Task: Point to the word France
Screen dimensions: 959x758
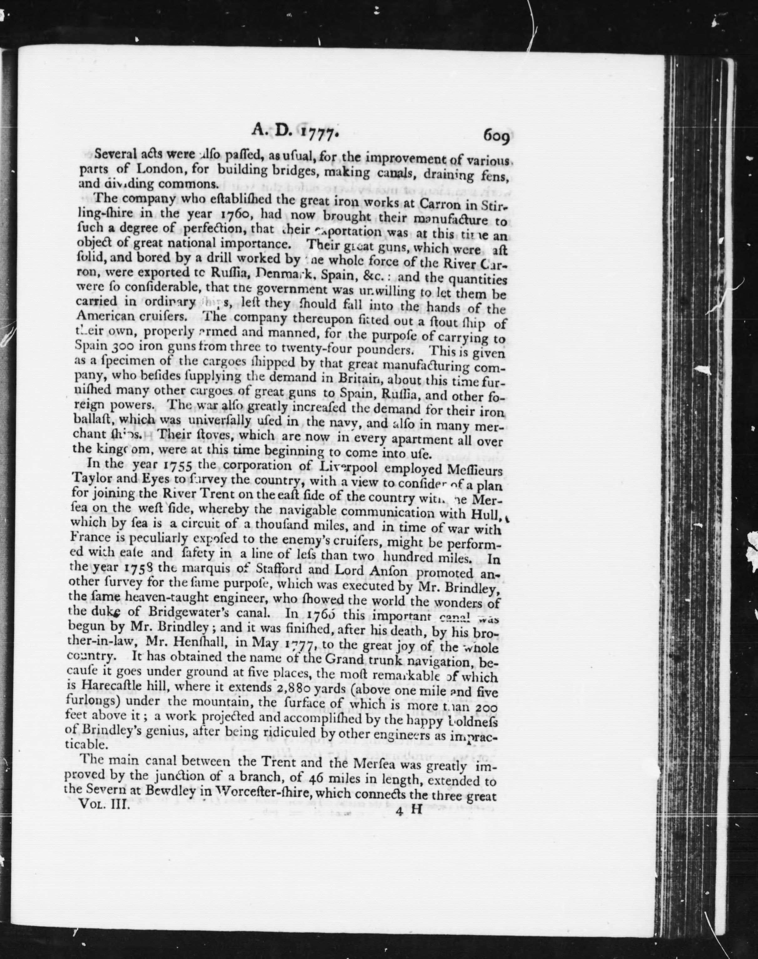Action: [92, 542]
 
